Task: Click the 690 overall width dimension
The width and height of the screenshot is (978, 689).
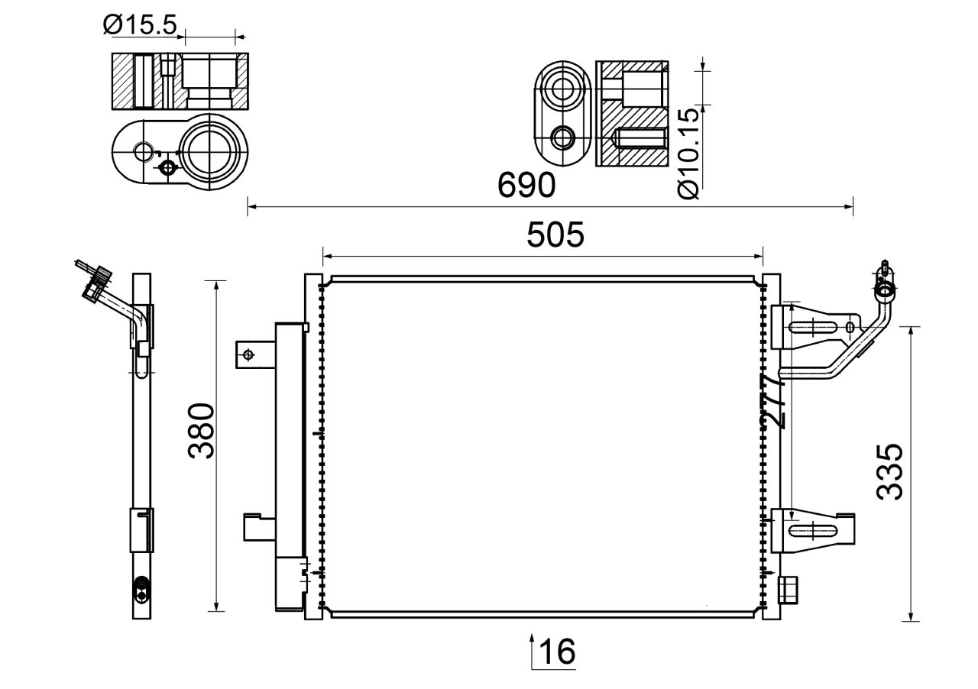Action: click(526, 186)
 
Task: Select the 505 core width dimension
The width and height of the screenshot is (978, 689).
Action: click(555, 235)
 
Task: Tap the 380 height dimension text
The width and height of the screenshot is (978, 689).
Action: click(203, 430)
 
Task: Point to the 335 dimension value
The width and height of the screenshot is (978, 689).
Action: click(890, 471)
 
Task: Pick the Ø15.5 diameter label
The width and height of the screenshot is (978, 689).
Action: click(140, 25)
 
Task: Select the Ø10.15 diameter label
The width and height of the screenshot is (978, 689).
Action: click(688, 154)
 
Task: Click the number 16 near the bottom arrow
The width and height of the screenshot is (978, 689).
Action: click(557, 652)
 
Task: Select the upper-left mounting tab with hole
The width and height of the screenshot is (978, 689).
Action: click(251, 354)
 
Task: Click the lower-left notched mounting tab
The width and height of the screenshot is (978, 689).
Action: click(257, 527)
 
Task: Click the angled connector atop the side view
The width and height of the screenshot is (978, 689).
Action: click(96, 283)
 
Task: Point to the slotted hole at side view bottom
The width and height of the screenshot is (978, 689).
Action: click(141, 589)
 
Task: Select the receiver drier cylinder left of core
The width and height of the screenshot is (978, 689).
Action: click(289, 466)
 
